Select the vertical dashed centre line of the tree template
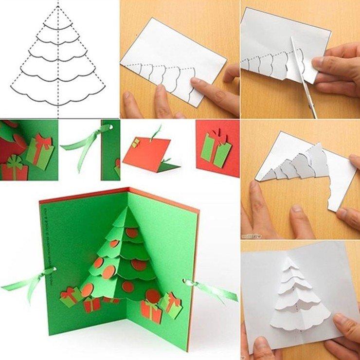(x=58, y=58)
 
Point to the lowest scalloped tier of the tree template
(x=58, y=95)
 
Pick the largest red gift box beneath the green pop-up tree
(x=151, y=311)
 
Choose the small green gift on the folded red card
(x=136, y=143)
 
